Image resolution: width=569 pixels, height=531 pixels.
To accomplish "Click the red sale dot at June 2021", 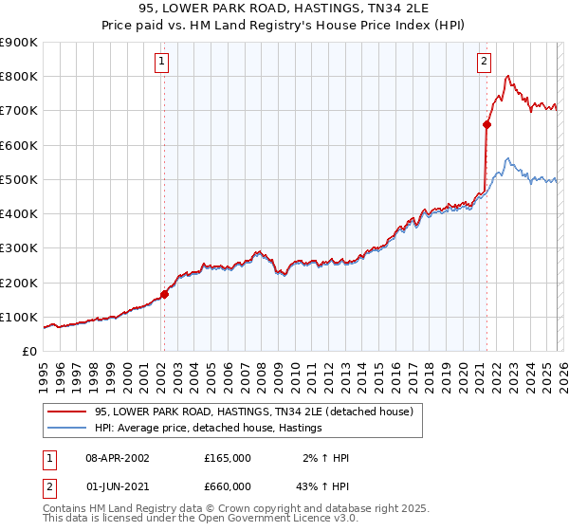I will click(486, 124).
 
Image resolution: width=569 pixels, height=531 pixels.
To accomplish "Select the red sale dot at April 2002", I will click(164, 295).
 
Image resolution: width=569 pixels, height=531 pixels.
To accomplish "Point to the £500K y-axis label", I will click(18, 179).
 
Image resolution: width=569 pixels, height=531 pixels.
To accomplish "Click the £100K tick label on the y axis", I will click(18, 317).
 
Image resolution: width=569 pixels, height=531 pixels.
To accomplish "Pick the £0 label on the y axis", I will click(28, 352).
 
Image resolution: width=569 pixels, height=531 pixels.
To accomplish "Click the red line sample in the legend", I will click(67, 412).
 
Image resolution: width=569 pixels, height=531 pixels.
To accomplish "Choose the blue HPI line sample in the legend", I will click(67, 429).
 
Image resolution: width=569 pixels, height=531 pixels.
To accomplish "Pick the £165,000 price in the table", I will click(228, 458).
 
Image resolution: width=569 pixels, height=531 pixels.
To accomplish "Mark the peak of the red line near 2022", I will click(509, 76).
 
